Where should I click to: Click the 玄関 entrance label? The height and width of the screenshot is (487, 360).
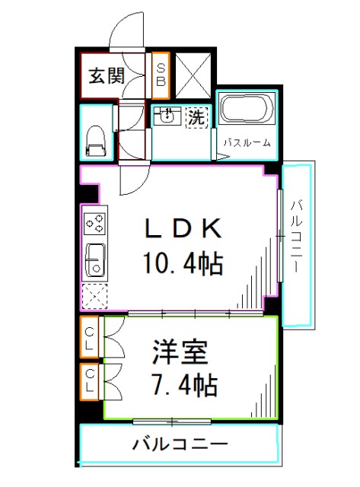(x=106, y=76)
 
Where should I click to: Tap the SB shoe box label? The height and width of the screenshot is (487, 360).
(x=161, y=75)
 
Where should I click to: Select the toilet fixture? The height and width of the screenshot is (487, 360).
(x=96, y=138)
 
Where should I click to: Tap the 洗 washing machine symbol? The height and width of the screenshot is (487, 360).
(x=196, y=117)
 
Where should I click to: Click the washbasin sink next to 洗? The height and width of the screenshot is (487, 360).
(x=167, y=117)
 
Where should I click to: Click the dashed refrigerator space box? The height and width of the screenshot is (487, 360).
(x=96, y=294)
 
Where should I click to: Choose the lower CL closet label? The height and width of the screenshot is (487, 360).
(x=90, y=380)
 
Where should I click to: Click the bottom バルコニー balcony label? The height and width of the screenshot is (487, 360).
(x=179, y=444)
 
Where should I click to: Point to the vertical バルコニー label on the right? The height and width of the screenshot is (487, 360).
(x=298, y=237)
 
